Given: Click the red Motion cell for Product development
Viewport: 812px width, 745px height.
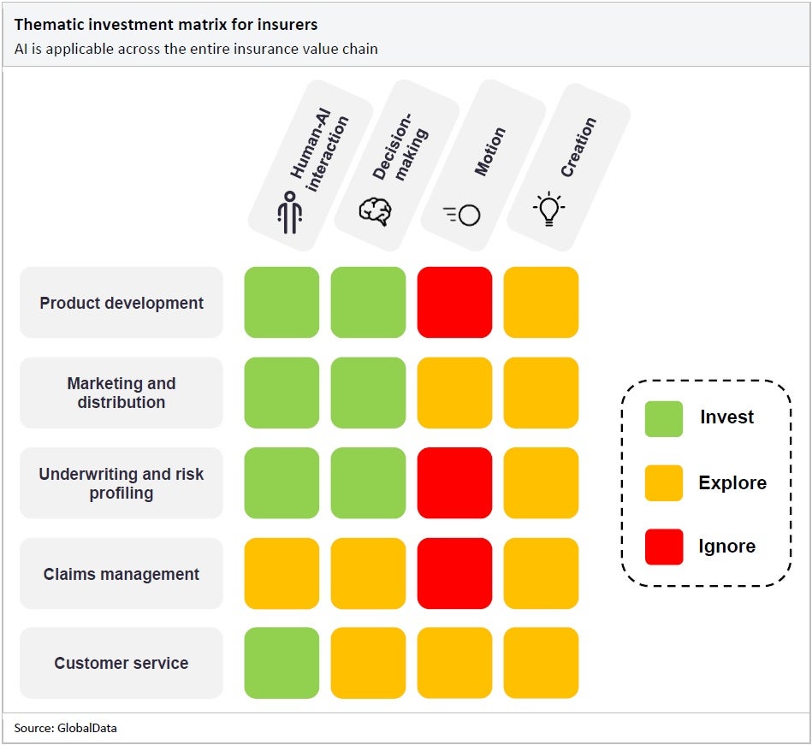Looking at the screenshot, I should coord(454,302).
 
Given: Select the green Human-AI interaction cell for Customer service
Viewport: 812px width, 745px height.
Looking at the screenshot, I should coord(282,663).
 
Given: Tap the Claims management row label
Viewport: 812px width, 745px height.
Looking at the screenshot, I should coord(121,574).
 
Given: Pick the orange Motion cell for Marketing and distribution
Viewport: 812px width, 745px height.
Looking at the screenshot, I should coord(454,393).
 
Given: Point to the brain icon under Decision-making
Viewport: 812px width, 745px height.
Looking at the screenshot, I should coord(375,210).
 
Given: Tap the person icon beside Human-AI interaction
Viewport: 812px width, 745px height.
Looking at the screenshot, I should coord(289,211).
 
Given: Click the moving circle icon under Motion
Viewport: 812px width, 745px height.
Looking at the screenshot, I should coord(462,215).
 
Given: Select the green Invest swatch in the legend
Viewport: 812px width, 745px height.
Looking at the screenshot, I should coord(664,418).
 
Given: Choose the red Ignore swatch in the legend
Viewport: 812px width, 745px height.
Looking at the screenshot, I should coord(664,547).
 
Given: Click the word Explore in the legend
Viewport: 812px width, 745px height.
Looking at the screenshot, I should coord(732,482).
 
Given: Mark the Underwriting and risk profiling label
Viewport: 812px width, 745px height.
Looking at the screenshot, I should coord(121,483).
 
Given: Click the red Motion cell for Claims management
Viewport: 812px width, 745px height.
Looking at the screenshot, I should coord(454,573).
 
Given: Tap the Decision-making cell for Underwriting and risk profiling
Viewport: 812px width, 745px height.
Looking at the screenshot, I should coord(368,483).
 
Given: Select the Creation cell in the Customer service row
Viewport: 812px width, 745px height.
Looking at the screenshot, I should coord(541,663).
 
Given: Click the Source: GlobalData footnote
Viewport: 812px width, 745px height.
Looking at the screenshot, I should coord(65,728).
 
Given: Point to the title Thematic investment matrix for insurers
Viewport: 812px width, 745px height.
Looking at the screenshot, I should coord(166,25).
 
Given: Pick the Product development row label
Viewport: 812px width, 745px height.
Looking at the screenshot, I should coord(121,303).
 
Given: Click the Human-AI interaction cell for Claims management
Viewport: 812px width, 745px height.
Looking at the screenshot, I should coord(282,573).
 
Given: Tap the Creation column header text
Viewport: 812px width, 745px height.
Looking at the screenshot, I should coord(578,147).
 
